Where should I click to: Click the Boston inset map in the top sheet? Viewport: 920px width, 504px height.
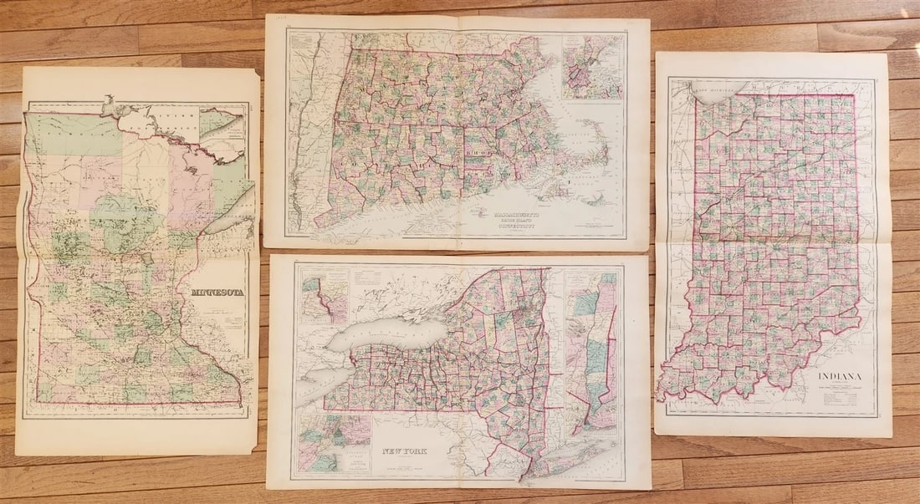[592, 67]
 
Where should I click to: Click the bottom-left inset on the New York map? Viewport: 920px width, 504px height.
[333, 443]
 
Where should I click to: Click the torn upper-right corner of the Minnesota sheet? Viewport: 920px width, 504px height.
[251, 74]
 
